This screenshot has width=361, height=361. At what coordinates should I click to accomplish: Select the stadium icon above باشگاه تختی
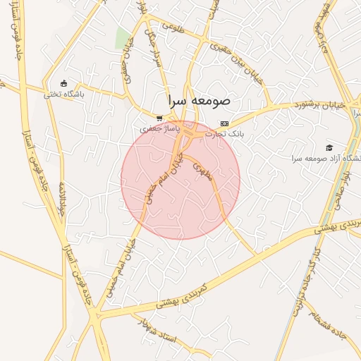pos(65,83)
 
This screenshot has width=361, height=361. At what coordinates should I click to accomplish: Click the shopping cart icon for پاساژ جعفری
pos(160,118)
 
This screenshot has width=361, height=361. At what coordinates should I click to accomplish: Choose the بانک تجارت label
pos(224,133)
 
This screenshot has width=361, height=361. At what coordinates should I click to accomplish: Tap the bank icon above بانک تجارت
pos(224,123)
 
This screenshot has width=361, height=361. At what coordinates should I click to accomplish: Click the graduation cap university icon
pos(329,147)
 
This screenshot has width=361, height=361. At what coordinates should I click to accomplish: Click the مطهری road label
pos(203,171)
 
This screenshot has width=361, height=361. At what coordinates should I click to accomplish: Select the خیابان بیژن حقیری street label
pos(243,68)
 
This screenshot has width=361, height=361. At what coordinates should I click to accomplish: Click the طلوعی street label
pos(173,27)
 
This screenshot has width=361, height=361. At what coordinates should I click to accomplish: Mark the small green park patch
pos(123,38)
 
